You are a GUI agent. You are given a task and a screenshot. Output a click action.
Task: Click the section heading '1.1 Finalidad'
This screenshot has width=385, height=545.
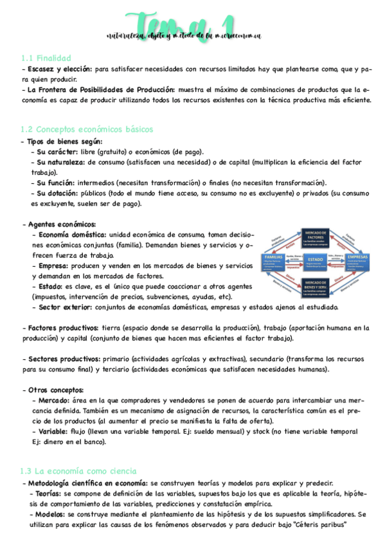46,58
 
